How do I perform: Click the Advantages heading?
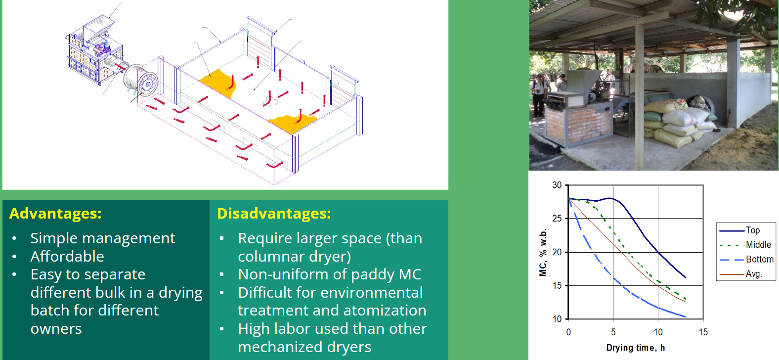[x=55, y=213]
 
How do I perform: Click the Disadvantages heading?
[x=274, y=213]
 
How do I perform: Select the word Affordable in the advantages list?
[x=67, y=257]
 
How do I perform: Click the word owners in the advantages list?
[x=56, y=329]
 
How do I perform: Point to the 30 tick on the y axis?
[x=557, y=185]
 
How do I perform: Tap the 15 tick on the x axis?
[x=703, y=332]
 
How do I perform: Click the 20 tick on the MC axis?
[x=557, y=252]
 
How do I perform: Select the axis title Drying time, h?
[x=635, y=348]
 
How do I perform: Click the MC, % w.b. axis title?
[x=543, y=252]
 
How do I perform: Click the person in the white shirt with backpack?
[x=538, y=94]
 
